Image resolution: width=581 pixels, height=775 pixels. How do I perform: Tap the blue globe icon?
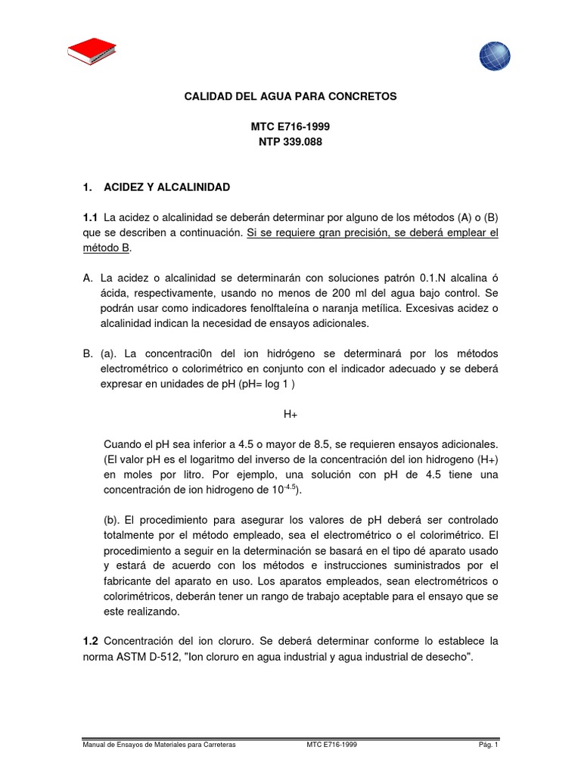495,56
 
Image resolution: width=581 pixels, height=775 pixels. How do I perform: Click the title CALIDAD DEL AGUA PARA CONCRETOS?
290,97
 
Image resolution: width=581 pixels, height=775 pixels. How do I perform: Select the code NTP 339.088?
290,142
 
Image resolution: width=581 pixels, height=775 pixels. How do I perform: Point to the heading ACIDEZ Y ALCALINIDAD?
166,186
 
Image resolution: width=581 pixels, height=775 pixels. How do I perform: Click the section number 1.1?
91,218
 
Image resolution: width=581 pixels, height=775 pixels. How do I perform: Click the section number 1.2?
91,641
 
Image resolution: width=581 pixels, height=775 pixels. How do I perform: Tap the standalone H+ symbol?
291,414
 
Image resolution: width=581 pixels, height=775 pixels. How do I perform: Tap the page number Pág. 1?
487,745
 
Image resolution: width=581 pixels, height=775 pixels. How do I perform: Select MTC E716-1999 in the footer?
332,745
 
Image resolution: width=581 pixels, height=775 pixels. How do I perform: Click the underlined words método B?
107,248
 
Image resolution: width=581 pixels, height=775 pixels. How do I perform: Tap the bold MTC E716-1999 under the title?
290,126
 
